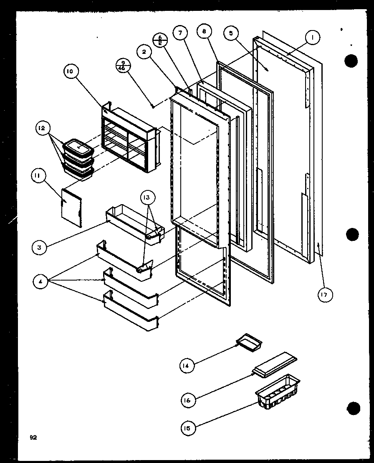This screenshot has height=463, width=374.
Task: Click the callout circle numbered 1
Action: click(312, 38)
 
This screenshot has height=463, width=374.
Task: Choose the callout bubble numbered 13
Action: click(149, 197)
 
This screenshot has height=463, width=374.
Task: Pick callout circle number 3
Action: click(39, 247)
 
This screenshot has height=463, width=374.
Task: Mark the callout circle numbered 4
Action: click(40, 282)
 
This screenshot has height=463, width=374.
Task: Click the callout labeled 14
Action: click(187, 366)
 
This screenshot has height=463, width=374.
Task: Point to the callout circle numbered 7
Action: click(180, 33)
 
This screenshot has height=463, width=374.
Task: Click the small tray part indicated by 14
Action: click(249, 343)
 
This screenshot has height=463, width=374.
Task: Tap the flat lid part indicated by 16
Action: click(276, 363)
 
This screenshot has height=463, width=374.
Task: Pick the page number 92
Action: click(33, 438)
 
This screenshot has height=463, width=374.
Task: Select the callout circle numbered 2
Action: click(144, 52)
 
